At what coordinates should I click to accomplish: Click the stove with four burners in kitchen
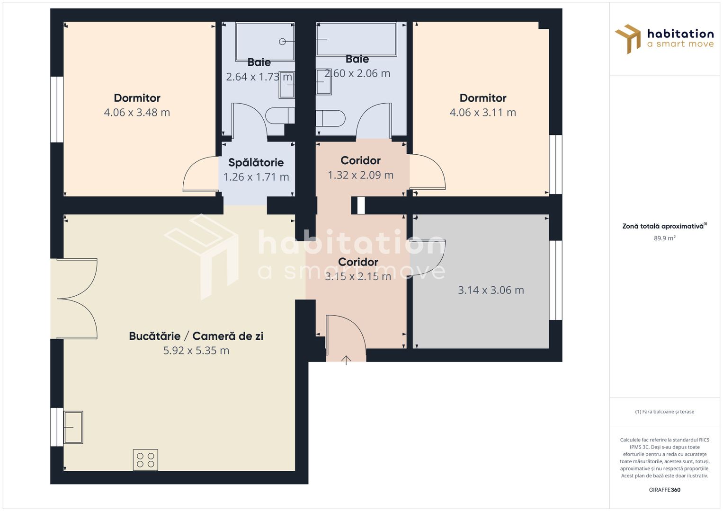pyautogui.click(x=145, y=460)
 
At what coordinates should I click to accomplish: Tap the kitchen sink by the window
pyautogui.click(x=73, y=427)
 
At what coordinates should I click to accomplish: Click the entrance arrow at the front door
pyautogui.click(x=346, y=360)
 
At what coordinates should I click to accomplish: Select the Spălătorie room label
pyautogui.click(x=256, y=163)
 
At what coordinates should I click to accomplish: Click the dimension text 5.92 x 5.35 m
pyautogui.click(x=196, y=351)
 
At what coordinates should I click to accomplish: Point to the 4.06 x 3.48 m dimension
pyautogui.click(x=137, y=113)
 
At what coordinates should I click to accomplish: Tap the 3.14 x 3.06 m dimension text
pyautogui.click(x=491, y=290)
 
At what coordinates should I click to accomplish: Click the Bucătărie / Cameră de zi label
pyautogui.click(x=196, y=336)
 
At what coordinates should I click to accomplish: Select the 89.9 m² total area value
pyautogui.click(x=664, y=238)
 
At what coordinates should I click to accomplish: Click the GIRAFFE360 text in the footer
pyautogui.click(x=664, y=490)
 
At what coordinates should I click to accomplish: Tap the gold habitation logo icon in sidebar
pyautogui.click(x=628, y=39)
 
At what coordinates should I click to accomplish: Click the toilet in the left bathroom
pyautogui.click(x=277, y=115)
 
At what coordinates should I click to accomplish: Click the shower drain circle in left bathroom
pyautogui.click(x=282, y=41)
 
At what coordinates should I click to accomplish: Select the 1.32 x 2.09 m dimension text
pyautogui.click(x=360, y=175)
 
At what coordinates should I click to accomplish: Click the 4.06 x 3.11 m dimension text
pyautogui.click(x=482, y=113)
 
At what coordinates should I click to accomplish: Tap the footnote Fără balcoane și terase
pyautogui.click(x=664, y=412)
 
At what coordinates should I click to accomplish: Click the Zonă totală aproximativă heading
pyautogui.click(x=663, y=226)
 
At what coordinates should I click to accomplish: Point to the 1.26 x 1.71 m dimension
pyautogui.click(x=256, y=177)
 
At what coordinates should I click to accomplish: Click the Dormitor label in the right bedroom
pyautogui.click(x=482, y=98)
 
